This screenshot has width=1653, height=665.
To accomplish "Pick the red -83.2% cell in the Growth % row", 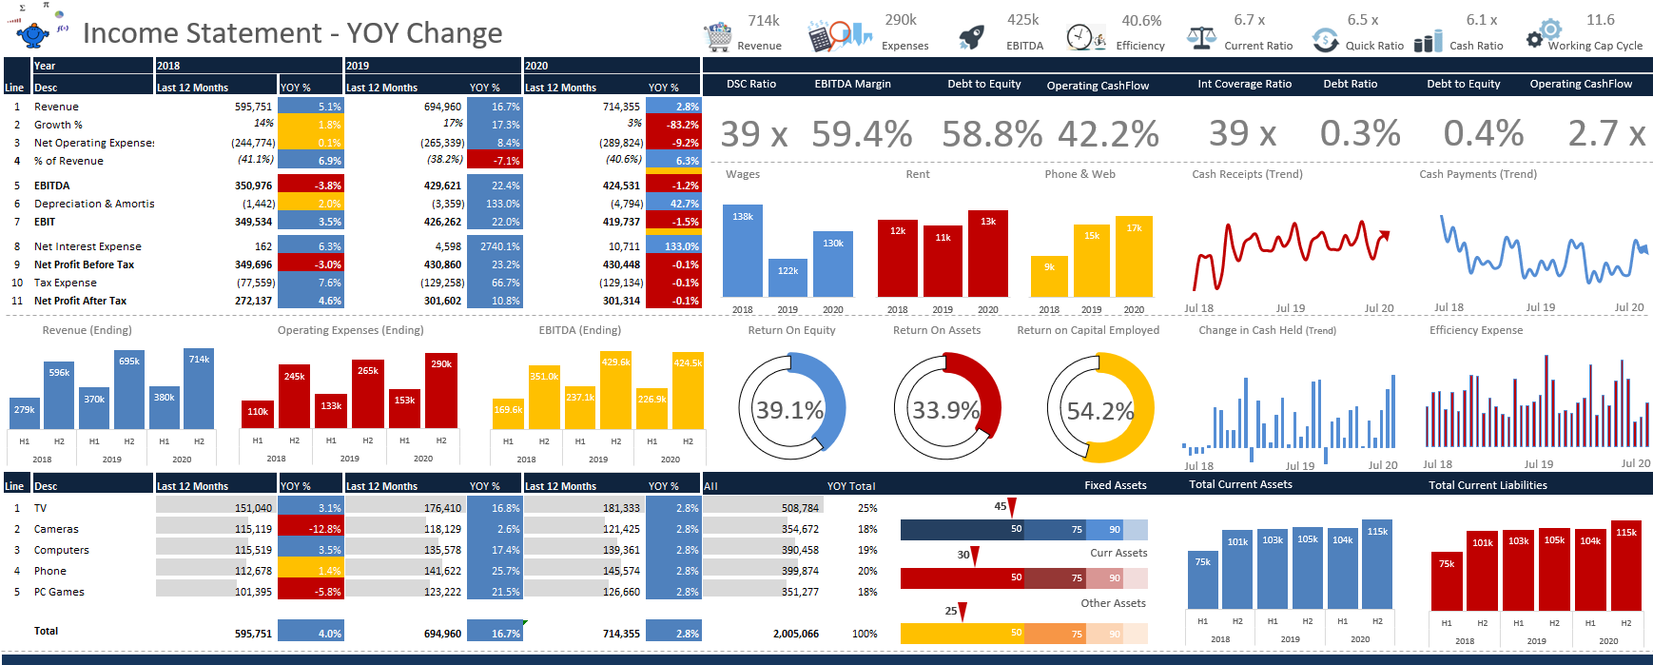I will [x=672, y=125].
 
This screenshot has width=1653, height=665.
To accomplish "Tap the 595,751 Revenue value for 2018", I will [x=253, y=107].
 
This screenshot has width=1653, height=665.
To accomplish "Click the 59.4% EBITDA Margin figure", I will [x=862, y=134].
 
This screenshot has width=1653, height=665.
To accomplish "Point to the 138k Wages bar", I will [x=743, y=251].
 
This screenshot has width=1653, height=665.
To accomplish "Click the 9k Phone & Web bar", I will [x=1049, y=277].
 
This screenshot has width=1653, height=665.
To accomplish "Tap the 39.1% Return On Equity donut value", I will [x=789, y=410].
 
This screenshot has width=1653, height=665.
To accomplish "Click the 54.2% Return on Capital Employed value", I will [x=1099, y=411].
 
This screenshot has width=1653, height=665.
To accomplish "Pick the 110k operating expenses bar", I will [x=258, y=415].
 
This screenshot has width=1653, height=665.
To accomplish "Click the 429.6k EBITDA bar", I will [x=615, y=391].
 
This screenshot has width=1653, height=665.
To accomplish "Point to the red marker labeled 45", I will [x=1012, y=508].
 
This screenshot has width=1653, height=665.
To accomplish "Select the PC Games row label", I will [x=59, y=592].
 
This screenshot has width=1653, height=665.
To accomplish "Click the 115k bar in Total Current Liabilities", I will [x=1625, y=566].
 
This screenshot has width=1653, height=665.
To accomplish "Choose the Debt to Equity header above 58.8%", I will [x=983, y=84].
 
